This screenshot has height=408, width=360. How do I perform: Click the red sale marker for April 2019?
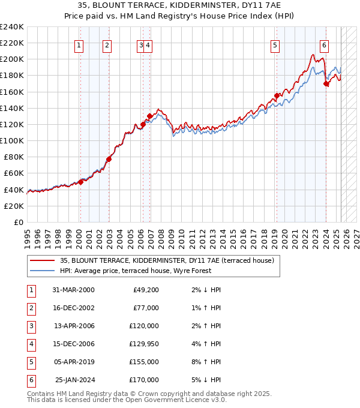277,95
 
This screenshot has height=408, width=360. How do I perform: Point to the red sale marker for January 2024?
326,84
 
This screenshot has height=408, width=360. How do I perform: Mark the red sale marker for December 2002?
109,159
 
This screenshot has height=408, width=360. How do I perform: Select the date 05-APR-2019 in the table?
74,362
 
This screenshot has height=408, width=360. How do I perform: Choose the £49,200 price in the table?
144,290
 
